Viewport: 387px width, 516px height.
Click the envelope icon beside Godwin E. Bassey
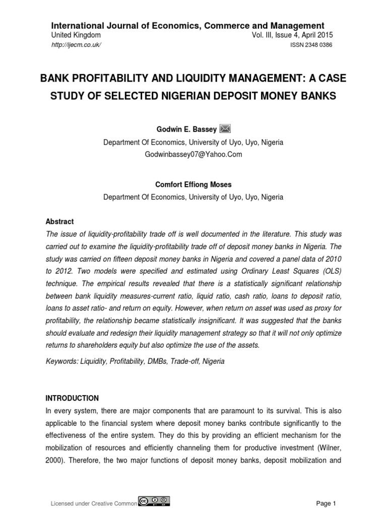tap(225, 130)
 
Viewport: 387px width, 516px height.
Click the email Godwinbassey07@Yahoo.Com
tap(193, 155)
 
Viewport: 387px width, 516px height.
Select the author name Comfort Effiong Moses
tap(193, 185)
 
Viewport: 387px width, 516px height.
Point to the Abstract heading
tap(59, 221)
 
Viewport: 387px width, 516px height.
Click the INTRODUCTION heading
tap(73, 398)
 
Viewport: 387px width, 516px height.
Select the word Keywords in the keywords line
tap(61, 361)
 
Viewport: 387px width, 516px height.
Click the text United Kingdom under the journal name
tap(76, 35)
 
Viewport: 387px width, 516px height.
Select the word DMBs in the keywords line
tap(157, 361)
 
